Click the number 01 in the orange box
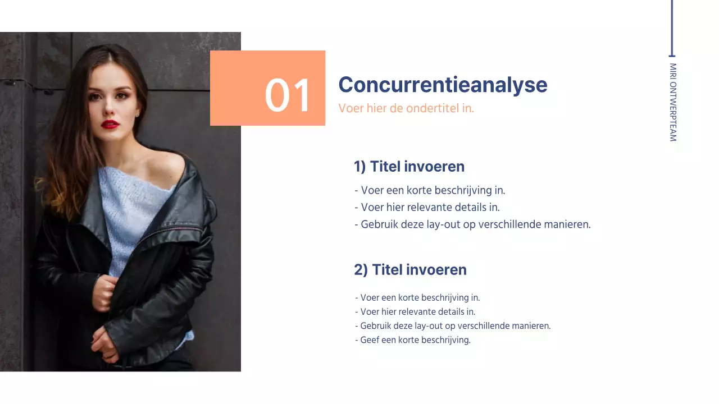(287, 95)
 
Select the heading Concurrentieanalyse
(443, 85)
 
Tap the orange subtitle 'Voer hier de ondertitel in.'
(406, 108)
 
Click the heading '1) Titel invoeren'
(409, 167)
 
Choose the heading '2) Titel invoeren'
(410, 270)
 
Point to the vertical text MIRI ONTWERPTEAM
(673, 102)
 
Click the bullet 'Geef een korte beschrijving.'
(413, 340)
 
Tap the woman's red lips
(110, 124)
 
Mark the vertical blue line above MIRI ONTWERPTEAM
(671, 28)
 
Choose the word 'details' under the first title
(470, 207)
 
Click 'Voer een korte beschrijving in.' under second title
(417, 298)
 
